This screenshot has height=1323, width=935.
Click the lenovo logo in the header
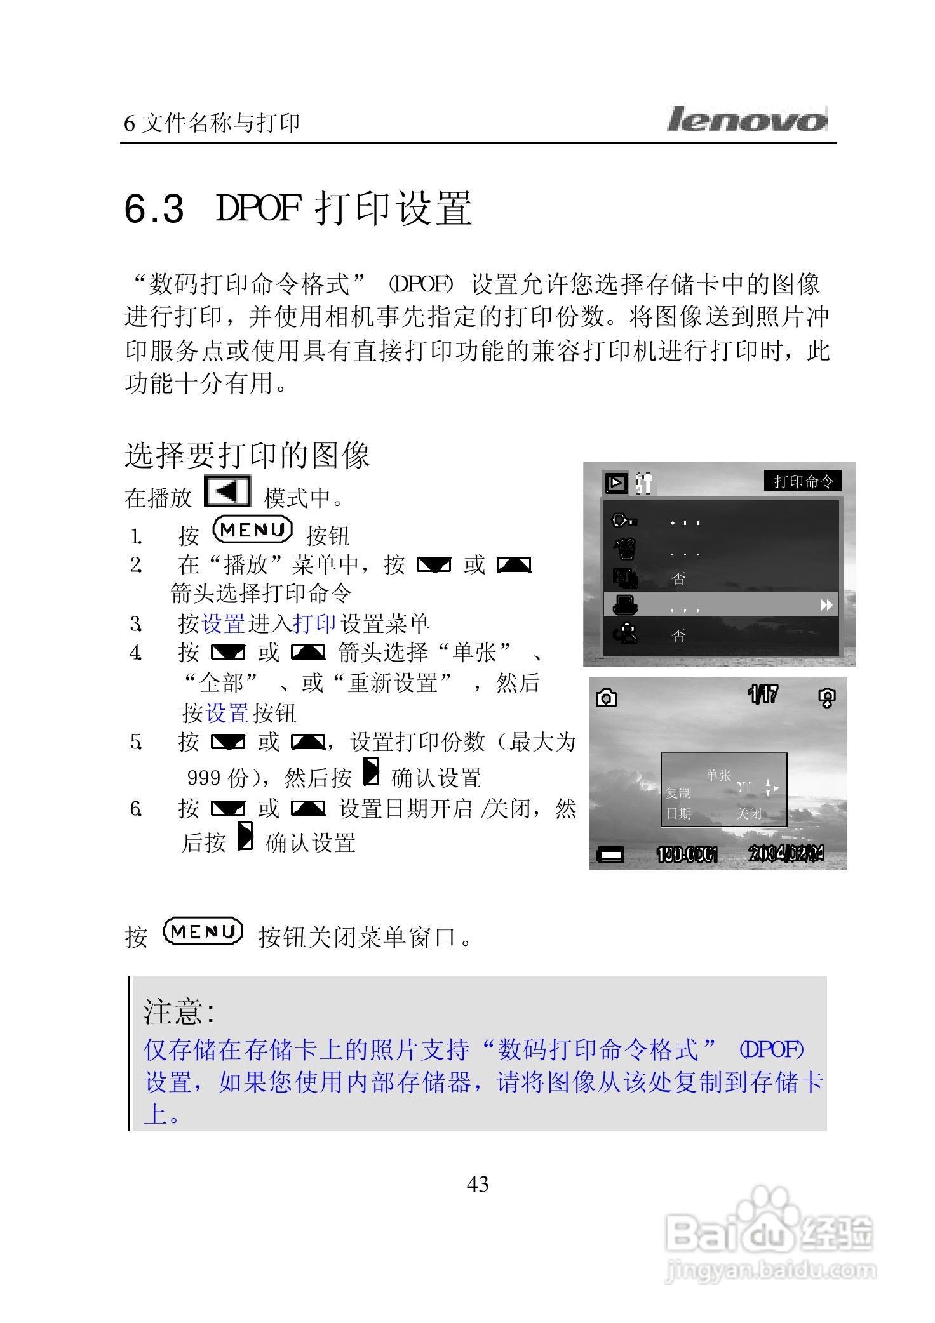point(746,119)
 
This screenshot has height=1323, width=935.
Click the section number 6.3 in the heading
point(154,209)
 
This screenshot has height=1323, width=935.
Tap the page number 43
point(478,1184)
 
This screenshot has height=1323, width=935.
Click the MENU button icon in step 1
point(253,530)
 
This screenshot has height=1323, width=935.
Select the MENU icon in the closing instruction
point(203,932)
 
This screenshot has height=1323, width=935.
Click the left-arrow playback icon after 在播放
point(227,491)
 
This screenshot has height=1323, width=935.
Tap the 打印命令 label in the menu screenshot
point(803,481)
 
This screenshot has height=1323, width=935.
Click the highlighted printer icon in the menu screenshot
point(625,605)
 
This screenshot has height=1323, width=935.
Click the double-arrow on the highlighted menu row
point(826,605)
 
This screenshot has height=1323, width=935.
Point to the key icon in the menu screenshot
point(624,521)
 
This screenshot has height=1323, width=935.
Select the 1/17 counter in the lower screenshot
point(762,695)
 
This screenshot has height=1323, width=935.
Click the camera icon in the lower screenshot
point(606,698)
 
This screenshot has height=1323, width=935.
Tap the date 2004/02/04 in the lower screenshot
point(786,854)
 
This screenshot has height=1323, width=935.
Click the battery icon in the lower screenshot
point(610,856)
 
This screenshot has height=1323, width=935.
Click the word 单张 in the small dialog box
point(718,775)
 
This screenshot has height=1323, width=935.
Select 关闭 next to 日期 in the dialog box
point(748,813)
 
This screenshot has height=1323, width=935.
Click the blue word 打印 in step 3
point(314,624)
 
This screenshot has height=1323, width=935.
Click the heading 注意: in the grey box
point(179,1011)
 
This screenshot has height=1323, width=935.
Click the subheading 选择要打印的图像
point(247,455)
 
